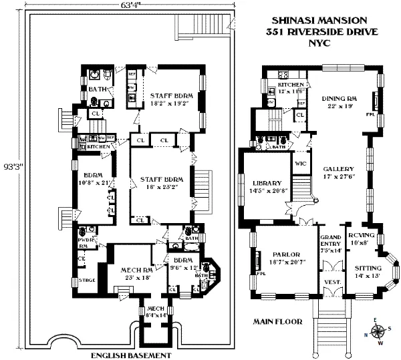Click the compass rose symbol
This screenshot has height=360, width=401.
pos(379,330)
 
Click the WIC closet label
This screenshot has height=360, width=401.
pos(300,164)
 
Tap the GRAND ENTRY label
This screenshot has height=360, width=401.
pos(331,243)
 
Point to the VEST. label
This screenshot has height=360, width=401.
pos(331,283)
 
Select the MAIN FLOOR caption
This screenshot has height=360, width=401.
pos(279,321)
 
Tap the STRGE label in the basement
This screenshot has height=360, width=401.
pos(87,279)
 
